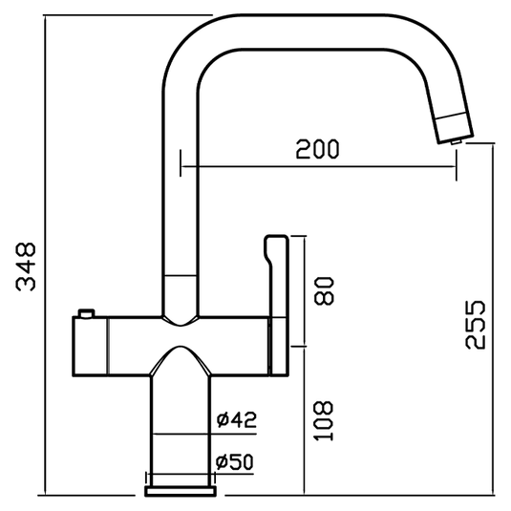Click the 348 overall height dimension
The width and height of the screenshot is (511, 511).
pos(26,266)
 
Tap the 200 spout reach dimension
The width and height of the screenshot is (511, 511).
pos(318,150)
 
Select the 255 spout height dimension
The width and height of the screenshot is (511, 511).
pos(475,325)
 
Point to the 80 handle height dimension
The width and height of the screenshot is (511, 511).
pos(325,289)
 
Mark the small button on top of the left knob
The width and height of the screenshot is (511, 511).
pos(88,311)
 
